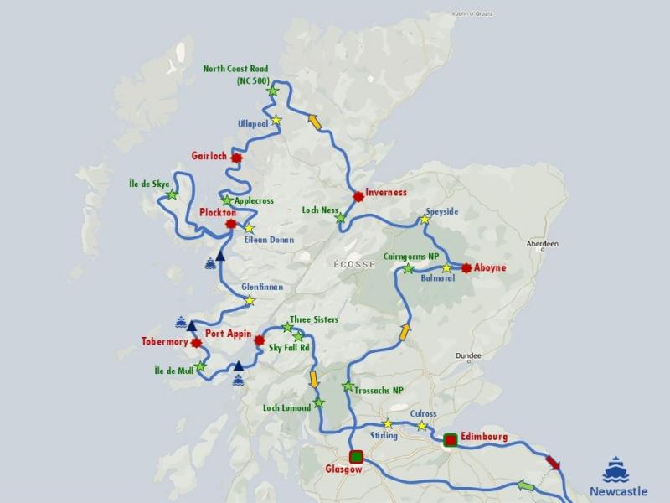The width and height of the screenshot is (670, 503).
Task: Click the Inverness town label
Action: (x=386, y=192)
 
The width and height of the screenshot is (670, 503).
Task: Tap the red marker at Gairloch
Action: (x=237, y=157)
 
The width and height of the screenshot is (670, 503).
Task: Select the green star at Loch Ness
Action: (x=340, y=219)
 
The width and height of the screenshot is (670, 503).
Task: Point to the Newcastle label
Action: (x=618, y=491)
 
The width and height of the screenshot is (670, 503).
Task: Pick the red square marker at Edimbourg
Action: (x=450, y=439)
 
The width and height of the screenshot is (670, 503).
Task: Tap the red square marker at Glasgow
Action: (x=356, y=457)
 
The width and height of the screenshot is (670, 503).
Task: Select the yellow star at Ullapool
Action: (x=276, y=120)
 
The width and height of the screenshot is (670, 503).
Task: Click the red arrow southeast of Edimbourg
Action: (x=554, y=463)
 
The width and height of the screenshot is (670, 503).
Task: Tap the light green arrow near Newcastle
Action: (x=525, y=485)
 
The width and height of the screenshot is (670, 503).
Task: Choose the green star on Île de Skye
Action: (x=172, y=194)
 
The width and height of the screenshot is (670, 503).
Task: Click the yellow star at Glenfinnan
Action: (x=249, y=301)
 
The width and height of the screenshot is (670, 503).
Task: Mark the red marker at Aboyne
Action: (x=466, y=268)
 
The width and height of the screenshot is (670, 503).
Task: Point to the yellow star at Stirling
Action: (x=387, y=424)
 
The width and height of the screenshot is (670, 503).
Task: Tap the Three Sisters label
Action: (x=314, y=319)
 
